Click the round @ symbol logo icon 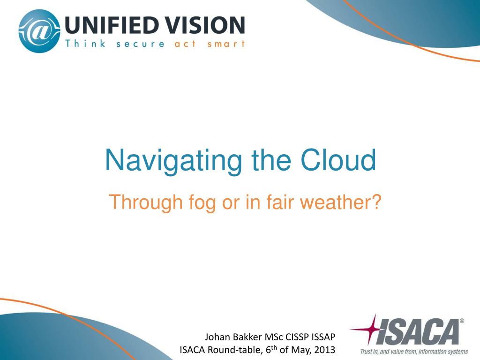(x=39, y=31)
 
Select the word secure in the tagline (x=140, y=44)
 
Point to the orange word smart (x=226, y=44)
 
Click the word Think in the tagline (x=85, y=44)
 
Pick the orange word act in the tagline (x=185, y=44)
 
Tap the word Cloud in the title (x=338, y=159)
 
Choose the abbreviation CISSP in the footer (x=297, y=337)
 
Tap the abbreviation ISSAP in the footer (x=323, y=337)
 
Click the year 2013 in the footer (x=325, y=350)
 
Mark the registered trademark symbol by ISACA (x=462, y=321)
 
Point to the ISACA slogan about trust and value (x=414, y=352)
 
